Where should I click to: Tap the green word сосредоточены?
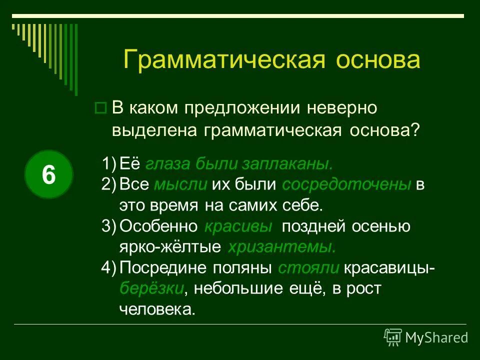[346, 184]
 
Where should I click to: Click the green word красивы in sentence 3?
[238, 226]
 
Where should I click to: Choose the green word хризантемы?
[281, 247]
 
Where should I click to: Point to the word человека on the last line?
[156, 309]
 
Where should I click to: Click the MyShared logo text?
[436, 337]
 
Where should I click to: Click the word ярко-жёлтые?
[170, 247]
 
